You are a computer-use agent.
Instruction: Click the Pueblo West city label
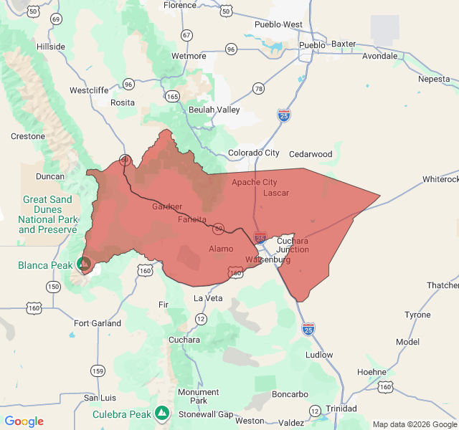tap(278, 24)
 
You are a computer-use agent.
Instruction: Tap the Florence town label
tap(179, 5)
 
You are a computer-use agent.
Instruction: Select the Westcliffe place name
tap(89, 90)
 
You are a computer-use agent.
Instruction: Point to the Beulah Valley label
tap(214, 110)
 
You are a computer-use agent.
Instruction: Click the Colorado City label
tap(254, 153)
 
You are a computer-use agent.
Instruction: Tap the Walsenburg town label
tap(268, 259)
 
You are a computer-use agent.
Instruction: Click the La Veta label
tap(208, 298)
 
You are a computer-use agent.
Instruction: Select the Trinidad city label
tap(341, 408)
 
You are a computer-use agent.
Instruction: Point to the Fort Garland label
tap(98, 323)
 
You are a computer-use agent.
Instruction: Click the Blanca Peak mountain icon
tap(85, 264)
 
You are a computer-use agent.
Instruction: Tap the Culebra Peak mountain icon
tap(163, 414)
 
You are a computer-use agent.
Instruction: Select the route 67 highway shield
tap(186, 35)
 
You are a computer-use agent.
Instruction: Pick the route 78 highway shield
tap(258, 88)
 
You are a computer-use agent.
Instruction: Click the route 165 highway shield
tap(172, 95)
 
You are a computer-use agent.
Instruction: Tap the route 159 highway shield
tap(97, 371)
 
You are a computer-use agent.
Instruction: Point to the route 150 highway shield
tap(53, 287)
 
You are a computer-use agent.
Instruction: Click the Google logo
tap(24, 421)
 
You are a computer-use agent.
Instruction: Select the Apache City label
tap(254, 182)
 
